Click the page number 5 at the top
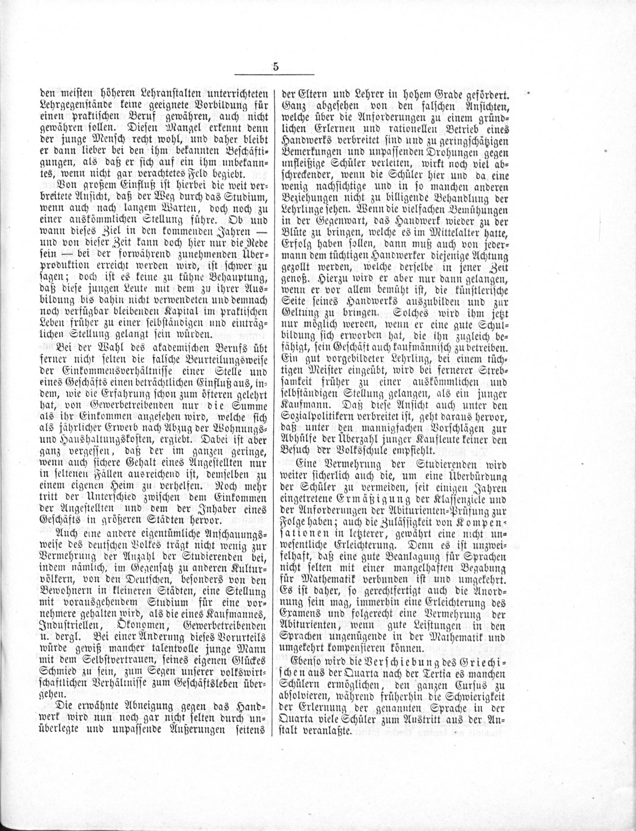point(275,67)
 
